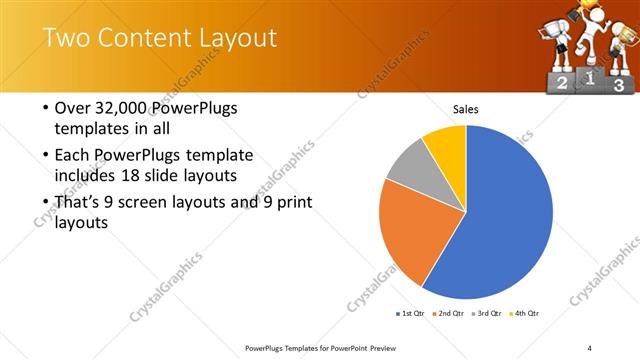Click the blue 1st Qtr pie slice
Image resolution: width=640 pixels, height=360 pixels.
(x=500, y=215)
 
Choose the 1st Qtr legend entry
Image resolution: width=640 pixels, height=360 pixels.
(x=411, y=313)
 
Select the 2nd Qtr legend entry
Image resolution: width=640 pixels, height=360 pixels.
(x=451, y=313)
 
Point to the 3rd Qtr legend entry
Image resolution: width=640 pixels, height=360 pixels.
(x=490, y=313)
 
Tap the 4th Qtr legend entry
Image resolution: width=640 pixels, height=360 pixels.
(x=526, y=313)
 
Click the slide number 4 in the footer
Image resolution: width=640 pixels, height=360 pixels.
(x=590, y=347)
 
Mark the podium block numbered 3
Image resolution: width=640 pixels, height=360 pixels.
(x=619, y=85)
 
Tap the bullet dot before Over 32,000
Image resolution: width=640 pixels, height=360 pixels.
(x=44, y=109)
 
